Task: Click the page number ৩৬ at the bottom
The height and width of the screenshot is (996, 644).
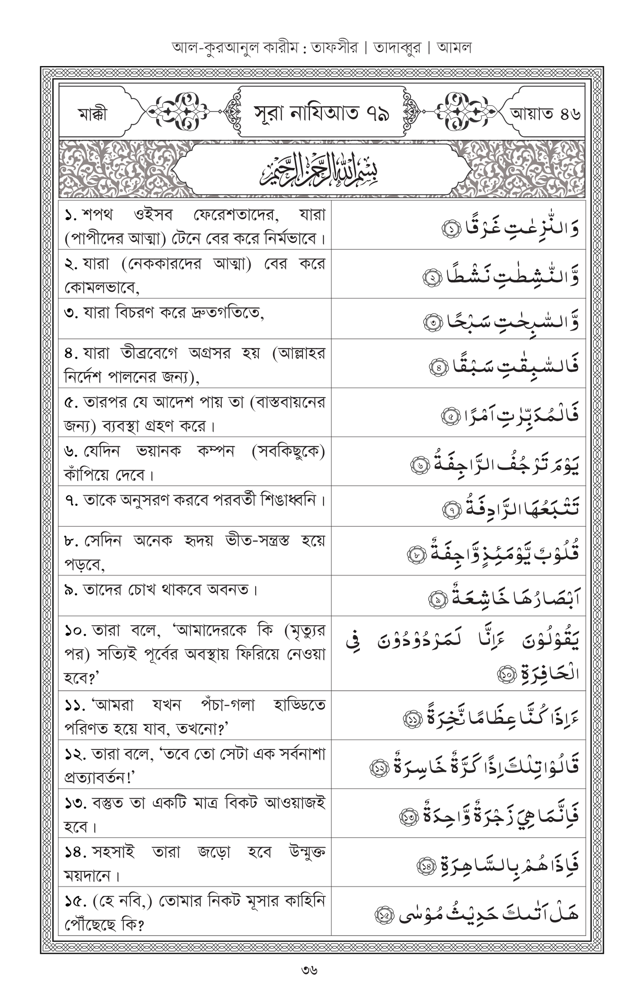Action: click(x=310, y=970)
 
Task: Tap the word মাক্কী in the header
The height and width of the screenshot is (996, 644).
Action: click(x=93, y=114)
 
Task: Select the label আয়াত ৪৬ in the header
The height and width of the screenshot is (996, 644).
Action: click(x=545, y=114)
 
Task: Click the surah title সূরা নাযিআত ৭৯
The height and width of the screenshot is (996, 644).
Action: click(x=322, y=113)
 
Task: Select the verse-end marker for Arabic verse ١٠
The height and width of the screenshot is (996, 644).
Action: click(x=507, y=674)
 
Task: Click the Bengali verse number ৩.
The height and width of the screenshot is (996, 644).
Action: click(x=71, y=313)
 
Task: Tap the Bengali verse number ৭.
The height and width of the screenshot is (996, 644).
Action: click(x=71, y=500)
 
